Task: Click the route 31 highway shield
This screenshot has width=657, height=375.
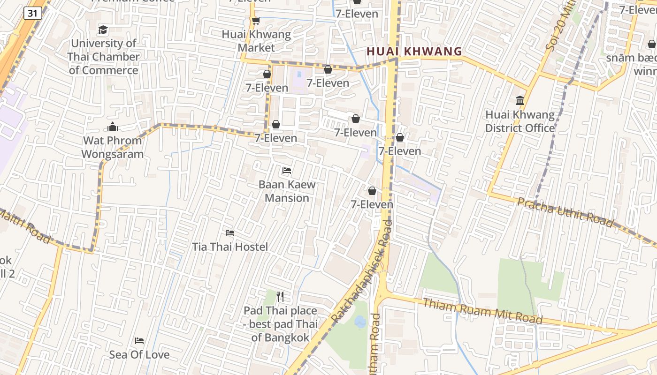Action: click(32, 13)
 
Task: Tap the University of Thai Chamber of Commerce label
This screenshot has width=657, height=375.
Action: click(103, 57)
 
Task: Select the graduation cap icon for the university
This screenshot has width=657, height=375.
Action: click(103, 30)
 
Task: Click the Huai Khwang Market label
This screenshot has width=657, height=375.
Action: click(256, 41)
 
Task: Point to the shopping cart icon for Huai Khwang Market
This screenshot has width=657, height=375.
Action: click(256, 21)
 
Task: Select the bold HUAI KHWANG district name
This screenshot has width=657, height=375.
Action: click(414, 52)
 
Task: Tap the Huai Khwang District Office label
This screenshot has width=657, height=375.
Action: click(519, 121)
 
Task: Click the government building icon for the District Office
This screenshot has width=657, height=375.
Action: click(519, 100)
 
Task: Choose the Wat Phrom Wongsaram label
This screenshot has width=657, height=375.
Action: click(112, 147)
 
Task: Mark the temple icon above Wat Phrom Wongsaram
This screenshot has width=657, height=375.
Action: click(112, 127)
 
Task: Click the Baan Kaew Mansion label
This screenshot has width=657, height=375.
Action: click(287, 191)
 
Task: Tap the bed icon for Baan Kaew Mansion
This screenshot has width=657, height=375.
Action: click(287, 171)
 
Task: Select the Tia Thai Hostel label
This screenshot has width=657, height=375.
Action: click(230, 247)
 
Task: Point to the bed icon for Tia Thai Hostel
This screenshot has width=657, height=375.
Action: click(230, 232)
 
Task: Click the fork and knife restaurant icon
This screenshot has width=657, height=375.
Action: click(280, 296)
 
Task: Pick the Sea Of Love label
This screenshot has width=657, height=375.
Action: click(139, 354)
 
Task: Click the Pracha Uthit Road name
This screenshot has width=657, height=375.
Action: click(565, 212)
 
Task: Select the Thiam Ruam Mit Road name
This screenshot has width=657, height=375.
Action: click(483, 311)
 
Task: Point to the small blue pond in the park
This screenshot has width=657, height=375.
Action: click(360, 322)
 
